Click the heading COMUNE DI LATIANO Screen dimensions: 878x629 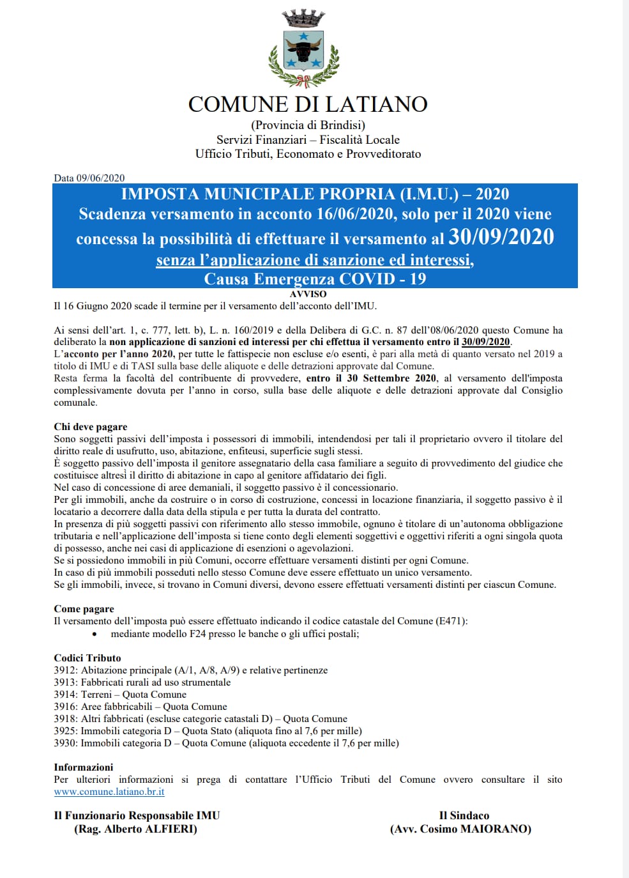pyautogui.click(x=308, y=104)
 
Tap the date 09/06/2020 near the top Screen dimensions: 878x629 pyautogui.click(x=100, y=178)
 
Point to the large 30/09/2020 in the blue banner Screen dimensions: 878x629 pyautogui.click(x=501, y=237)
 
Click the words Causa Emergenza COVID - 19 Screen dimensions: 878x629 pyautogui.click(x=315, y=279)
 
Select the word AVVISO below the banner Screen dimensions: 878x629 pyautogui.click(x=308, y=294)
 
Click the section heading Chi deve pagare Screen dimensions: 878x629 pyautogui.click(x=90, y=427)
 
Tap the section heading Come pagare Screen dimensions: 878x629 pyautogui.click(x=84, y=609)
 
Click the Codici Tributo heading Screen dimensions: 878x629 pyautogui.click(x=87, y=658)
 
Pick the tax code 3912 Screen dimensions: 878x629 pyautogui.click(x=65, y=670)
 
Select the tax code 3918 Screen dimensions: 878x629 pyautogui.click(x=65, y=719)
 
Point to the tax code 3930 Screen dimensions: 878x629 pyautogui.click(x=65, y=743)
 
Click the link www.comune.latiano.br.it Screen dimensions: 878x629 pyautogui.click(x=109, y=792)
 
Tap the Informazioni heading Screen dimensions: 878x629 pyautogui.click(x=83, y=767)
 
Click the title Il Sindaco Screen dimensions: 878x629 pyautogui.click(x=464, y=815)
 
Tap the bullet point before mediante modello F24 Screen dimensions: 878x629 pyautogui.click(x=95, y=635)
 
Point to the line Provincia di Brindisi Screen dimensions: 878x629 pyautogui.click(x=308, y=125)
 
